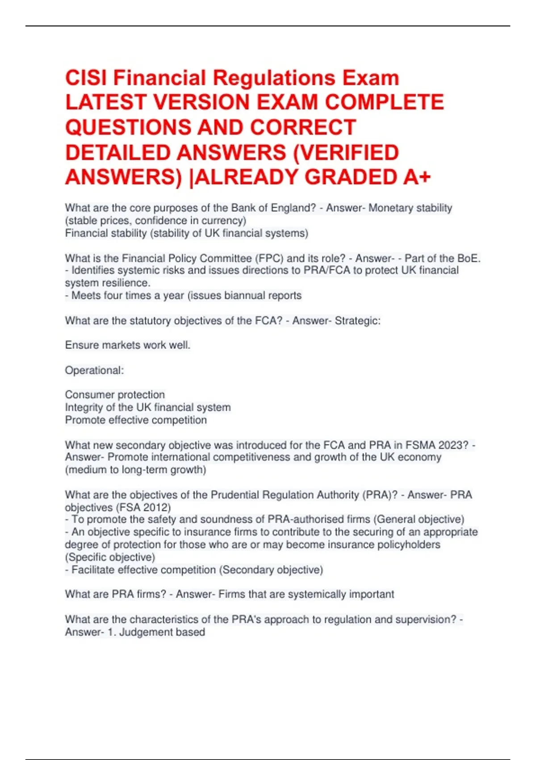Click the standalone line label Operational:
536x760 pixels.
coord(94,371)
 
